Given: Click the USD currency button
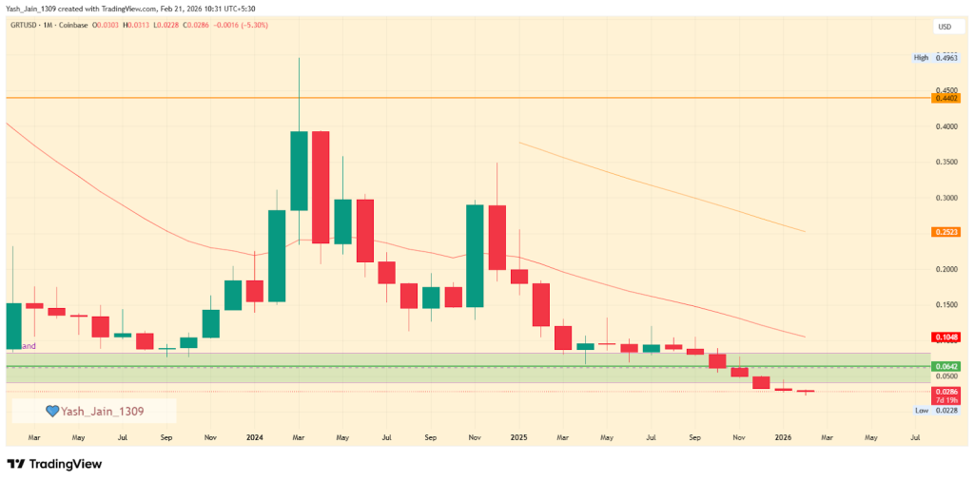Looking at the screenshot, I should [x=945, y=27].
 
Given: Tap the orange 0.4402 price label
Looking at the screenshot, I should [x=945, y=98].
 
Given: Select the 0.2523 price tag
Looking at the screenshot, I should [x=945, y=232].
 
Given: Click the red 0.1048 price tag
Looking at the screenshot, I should [x=945, y=337].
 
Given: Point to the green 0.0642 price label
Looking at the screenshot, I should [x=945, y=366].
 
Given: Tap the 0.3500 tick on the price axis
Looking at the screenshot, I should [x=945, y=163].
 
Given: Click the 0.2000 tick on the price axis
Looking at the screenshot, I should [x=945, y=269].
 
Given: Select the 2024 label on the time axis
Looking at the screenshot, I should [x=254, y=437].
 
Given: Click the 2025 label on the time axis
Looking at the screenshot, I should [x=518, y=437].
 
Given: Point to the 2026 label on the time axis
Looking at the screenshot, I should [x=783, y=437].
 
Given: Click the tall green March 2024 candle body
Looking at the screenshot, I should [x=299, y=170].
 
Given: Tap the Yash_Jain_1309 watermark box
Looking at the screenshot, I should [x=94, y=411].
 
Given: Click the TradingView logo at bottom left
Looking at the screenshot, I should [x=54, y=464].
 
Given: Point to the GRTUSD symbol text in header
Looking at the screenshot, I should [x=23, y=25].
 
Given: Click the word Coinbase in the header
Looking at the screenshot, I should [x=75, y=25].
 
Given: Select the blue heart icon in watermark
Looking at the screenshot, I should [x=53, y=411].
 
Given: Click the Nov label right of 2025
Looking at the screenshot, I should [x=738, y=437].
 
